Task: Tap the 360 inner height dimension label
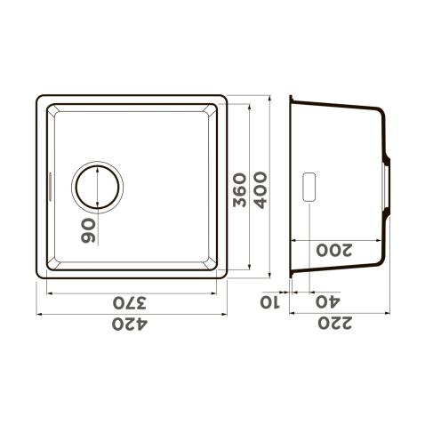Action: tap(240, 188)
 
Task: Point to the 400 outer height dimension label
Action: tap(261, 188)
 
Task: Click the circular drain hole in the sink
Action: tap(97, 187)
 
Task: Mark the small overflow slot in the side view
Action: tap(309, 185)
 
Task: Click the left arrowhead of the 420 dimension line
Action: tap(39, 313)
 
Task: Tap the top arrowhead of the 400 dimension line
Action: tap(271, 96)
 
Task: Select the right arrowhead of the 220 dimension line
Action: tap(389, 313)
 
